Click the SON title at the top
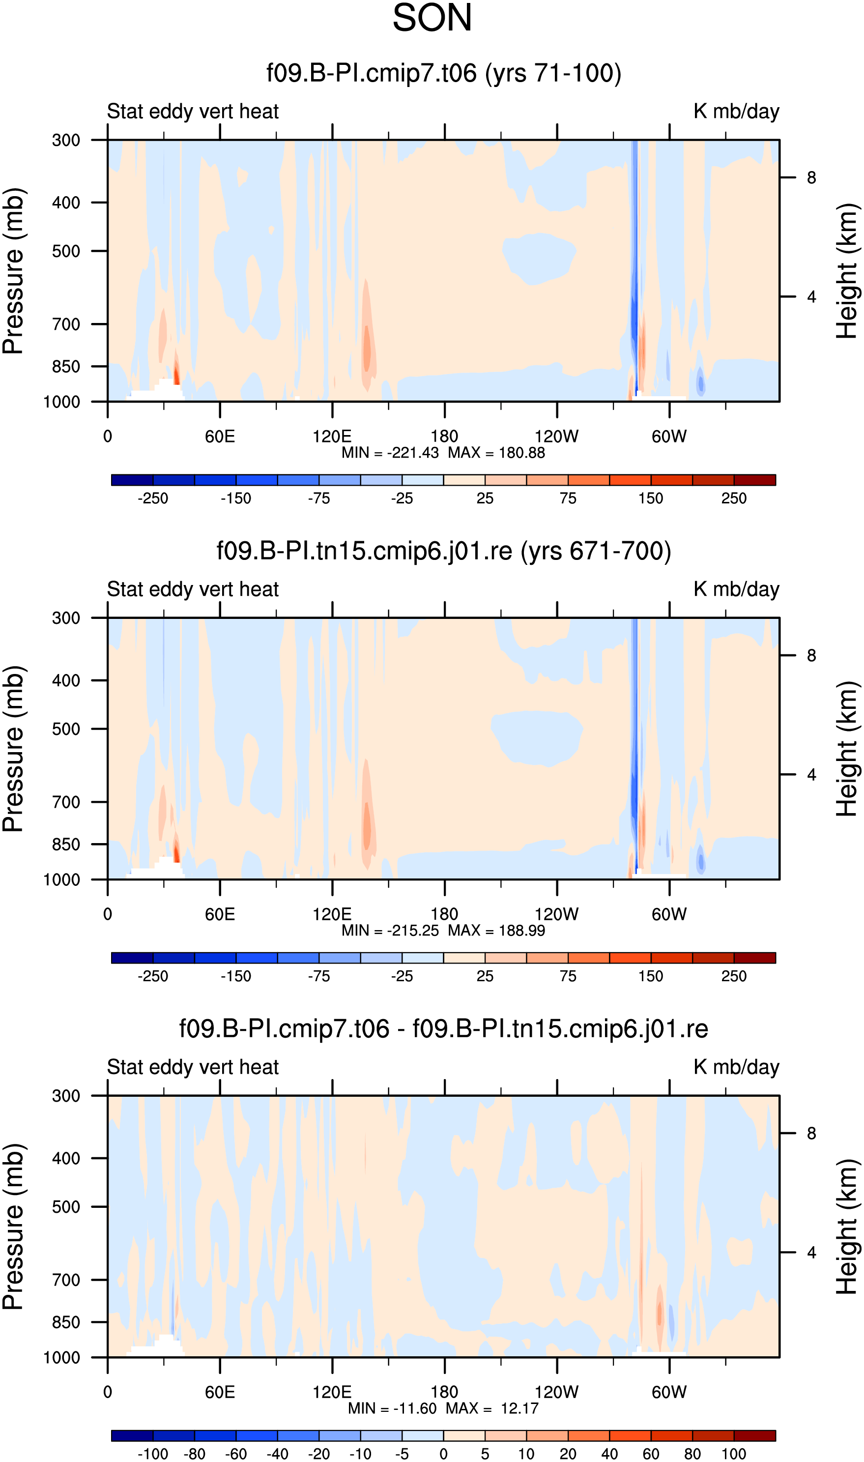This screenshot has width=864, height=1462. click(432, 18)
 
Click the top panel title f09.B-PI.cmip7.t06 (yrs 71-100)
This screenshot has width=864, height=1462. click(444, 73)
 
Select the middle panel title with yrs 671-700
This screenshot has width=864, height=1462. click(444, 551)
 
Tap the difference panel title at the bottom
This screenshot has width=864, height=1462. click(444, 1029)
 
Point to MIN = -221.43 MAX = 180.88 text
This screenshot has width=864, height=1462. click(443, 452)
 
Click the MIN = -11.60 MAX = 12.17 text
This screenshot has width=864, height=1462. click(443, 1408)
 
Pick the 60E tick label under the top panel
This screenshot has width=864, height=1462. click(220, 436)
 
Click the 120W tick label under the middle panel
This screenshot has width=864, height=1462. click(557, 914)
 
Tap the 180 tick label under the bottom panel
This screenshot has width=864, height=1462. click(444, 1392)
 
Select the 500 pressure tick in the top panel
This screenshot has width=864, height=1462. click(66, 251)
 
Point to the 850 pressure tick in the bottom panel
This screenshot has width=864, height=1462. click(66, 1322)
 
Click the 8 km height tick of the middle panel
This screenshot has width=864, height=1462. click(811, 656)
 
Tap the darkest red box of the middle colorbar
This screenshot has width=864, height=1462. click(754, 958)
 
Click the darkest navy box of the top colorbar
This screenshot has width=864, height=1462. click(132, 480)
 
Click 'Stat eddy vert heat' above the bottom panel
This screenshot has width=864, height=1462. click(193, 1067)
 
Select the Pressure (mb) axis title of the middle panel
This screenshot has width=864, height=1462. click(13, 749)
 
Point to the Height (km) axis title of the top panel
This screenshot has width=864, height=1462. click(847, 271)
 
